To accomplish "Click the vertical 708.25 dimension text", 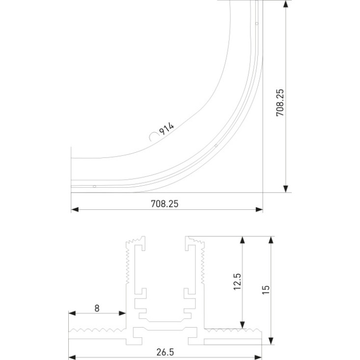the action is pyautogui.click(x=280, y=103).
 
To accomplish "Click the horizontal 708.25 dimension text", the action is pyautogui.click(x=165, y=204).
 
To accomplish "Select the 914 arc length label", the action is pyautogui.click(x=167, y=129).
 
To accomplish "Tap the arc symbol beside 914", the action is pyautogui.click(x=153, y=137).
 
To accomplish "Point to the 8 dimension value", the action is pyautogui.click(x=97, y=308).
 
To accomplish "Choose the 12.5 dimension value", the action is pyautogui.click(x=237, y=282).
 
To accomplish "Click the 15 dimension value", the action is pyautogui.click(x=266, y=290).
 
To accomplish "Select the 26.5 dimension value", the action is pyautogui.click(x=166, y=352).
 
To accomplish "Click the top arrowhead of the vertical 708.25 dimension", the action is pyautogui.click(x=286, y=3).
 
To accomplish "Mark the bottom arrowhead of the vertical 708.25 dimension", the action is pyautogui.click(x=286, y=189).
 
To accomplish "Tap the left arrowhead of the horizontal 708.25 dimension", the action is pyautogui.click(x=75, y=209).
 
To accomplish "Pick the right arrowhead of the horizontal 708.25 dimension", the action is pyautogui.click(x=259, y=209).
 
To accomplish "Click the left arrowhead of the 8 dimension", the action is pyautogui.click(x=72, y=313).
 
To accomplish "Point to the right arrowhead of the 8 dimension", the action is pyautogui.click(x=122, y=313).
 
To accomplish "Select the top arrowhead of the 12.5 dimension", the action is pyautogui.click(x=242, y=240).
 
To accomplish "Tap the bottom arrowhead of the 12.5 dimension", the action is pyautogui.click(x=242, y=325).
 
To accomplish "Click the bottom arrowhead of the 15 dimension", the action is pyautogui.click(x=271, y=341).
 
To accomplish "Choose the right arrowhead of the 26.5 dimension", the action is pyautogui.click(x=258, y=357).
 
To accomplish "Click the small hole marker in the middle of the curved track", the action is pyautogui.click(x=216, y=145).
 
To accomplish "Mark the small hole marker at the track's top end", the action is pyautogui.click(x=257, y=24).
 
